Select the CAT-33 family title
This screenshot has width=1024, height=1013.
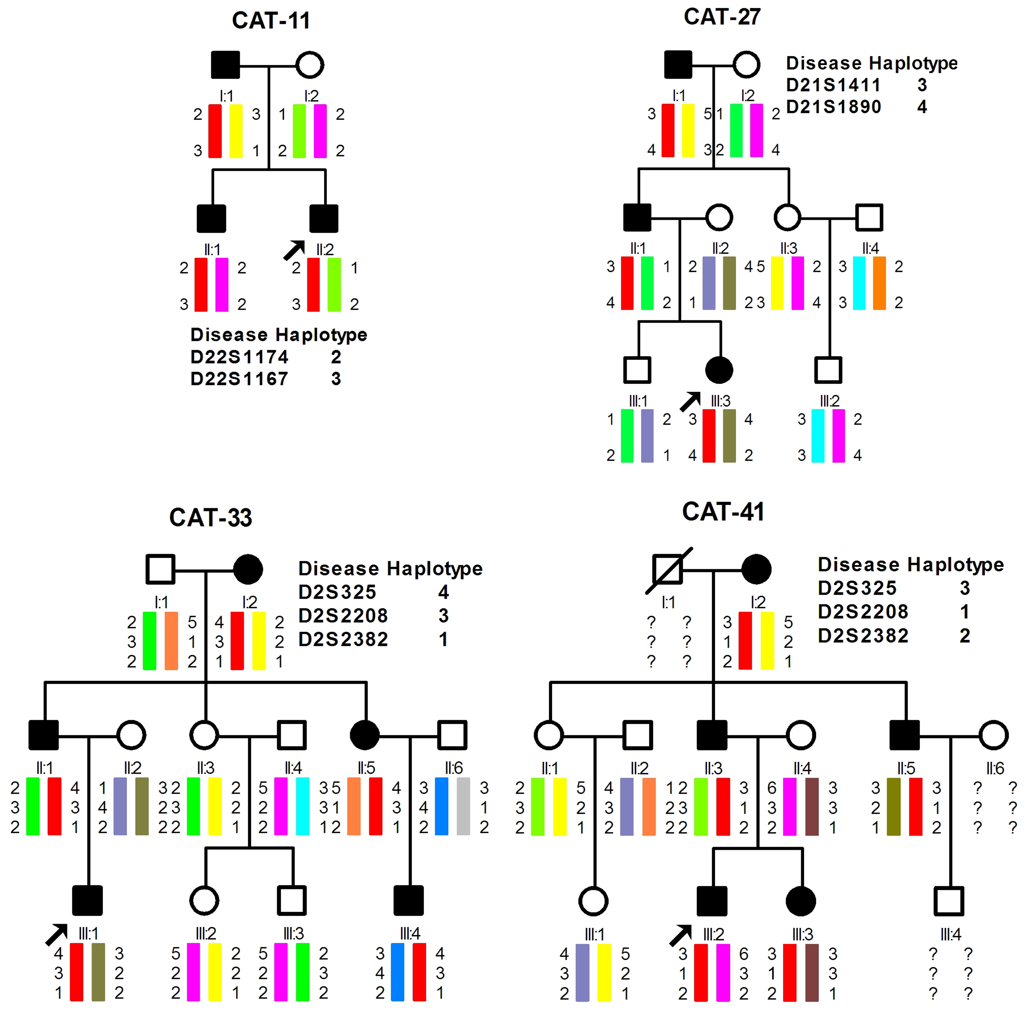tap(210, 517)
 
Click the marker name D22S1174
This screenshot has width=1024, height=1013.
tap(239, 357)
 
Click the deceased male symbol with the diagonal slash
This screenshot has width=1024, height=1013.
tap(668, 570)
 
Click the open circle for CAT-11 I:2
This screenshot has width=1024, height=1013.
tap(310, 65)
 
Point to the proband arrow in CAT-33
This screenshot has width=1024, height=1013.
tap(56, 934)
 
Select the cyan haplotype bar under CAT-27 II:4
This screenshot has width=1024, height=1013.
tap(859, 283)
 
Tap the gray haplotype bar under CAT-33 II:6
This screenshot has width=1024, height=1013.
tap(463, 806)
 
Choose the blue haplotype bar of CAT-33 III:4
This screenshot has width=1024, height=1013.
tap(397, 972)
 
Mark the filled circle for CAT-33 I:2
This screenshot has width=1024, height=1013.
tap(248, 569)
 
